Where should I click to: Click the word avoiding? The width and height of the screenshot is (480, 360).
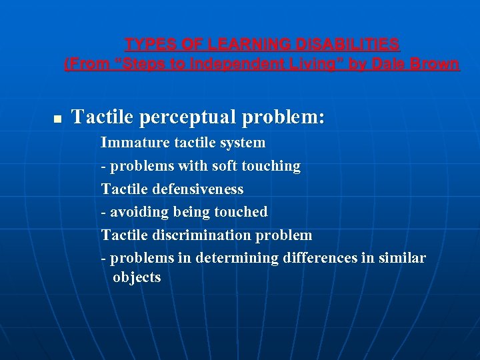click(x=139, y=212)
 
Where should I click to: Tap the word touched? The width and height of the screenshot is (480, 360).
click(x=241, y=212)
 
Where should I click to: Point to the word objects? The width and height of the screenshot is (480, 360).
click(x=137, y=277)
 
